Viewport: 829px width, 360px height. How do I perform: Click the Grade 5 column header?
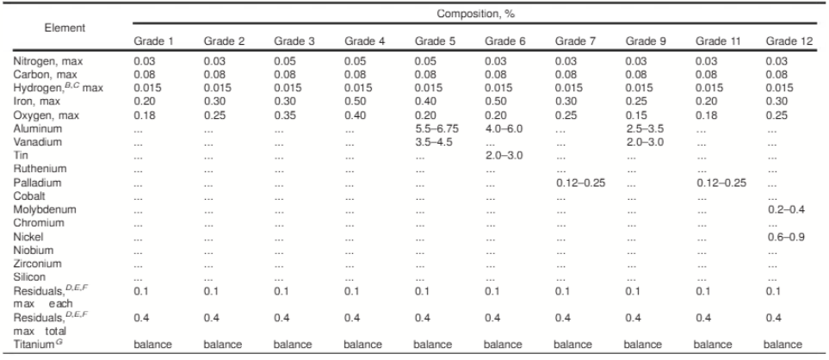[x=431, y=40]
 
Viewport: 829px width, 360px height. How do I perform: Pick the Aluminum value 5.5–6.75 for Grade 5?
[x=436, y=127]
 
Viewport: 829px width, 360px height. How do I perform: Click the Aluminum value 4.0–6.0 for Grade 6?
[x=504, y=127]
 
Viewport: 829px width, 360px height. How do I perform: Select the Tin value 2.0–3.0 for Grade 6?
[x=504, y=155]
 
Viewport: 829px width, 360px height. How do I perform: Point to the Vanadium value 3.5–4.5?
[x=433, y=141]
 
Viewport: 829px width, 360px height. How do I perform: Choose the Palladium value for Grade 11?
[x=718, y=183]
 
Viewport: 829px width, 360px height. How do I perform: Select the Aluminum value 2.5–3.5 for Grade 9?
[x=645, y=127]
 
